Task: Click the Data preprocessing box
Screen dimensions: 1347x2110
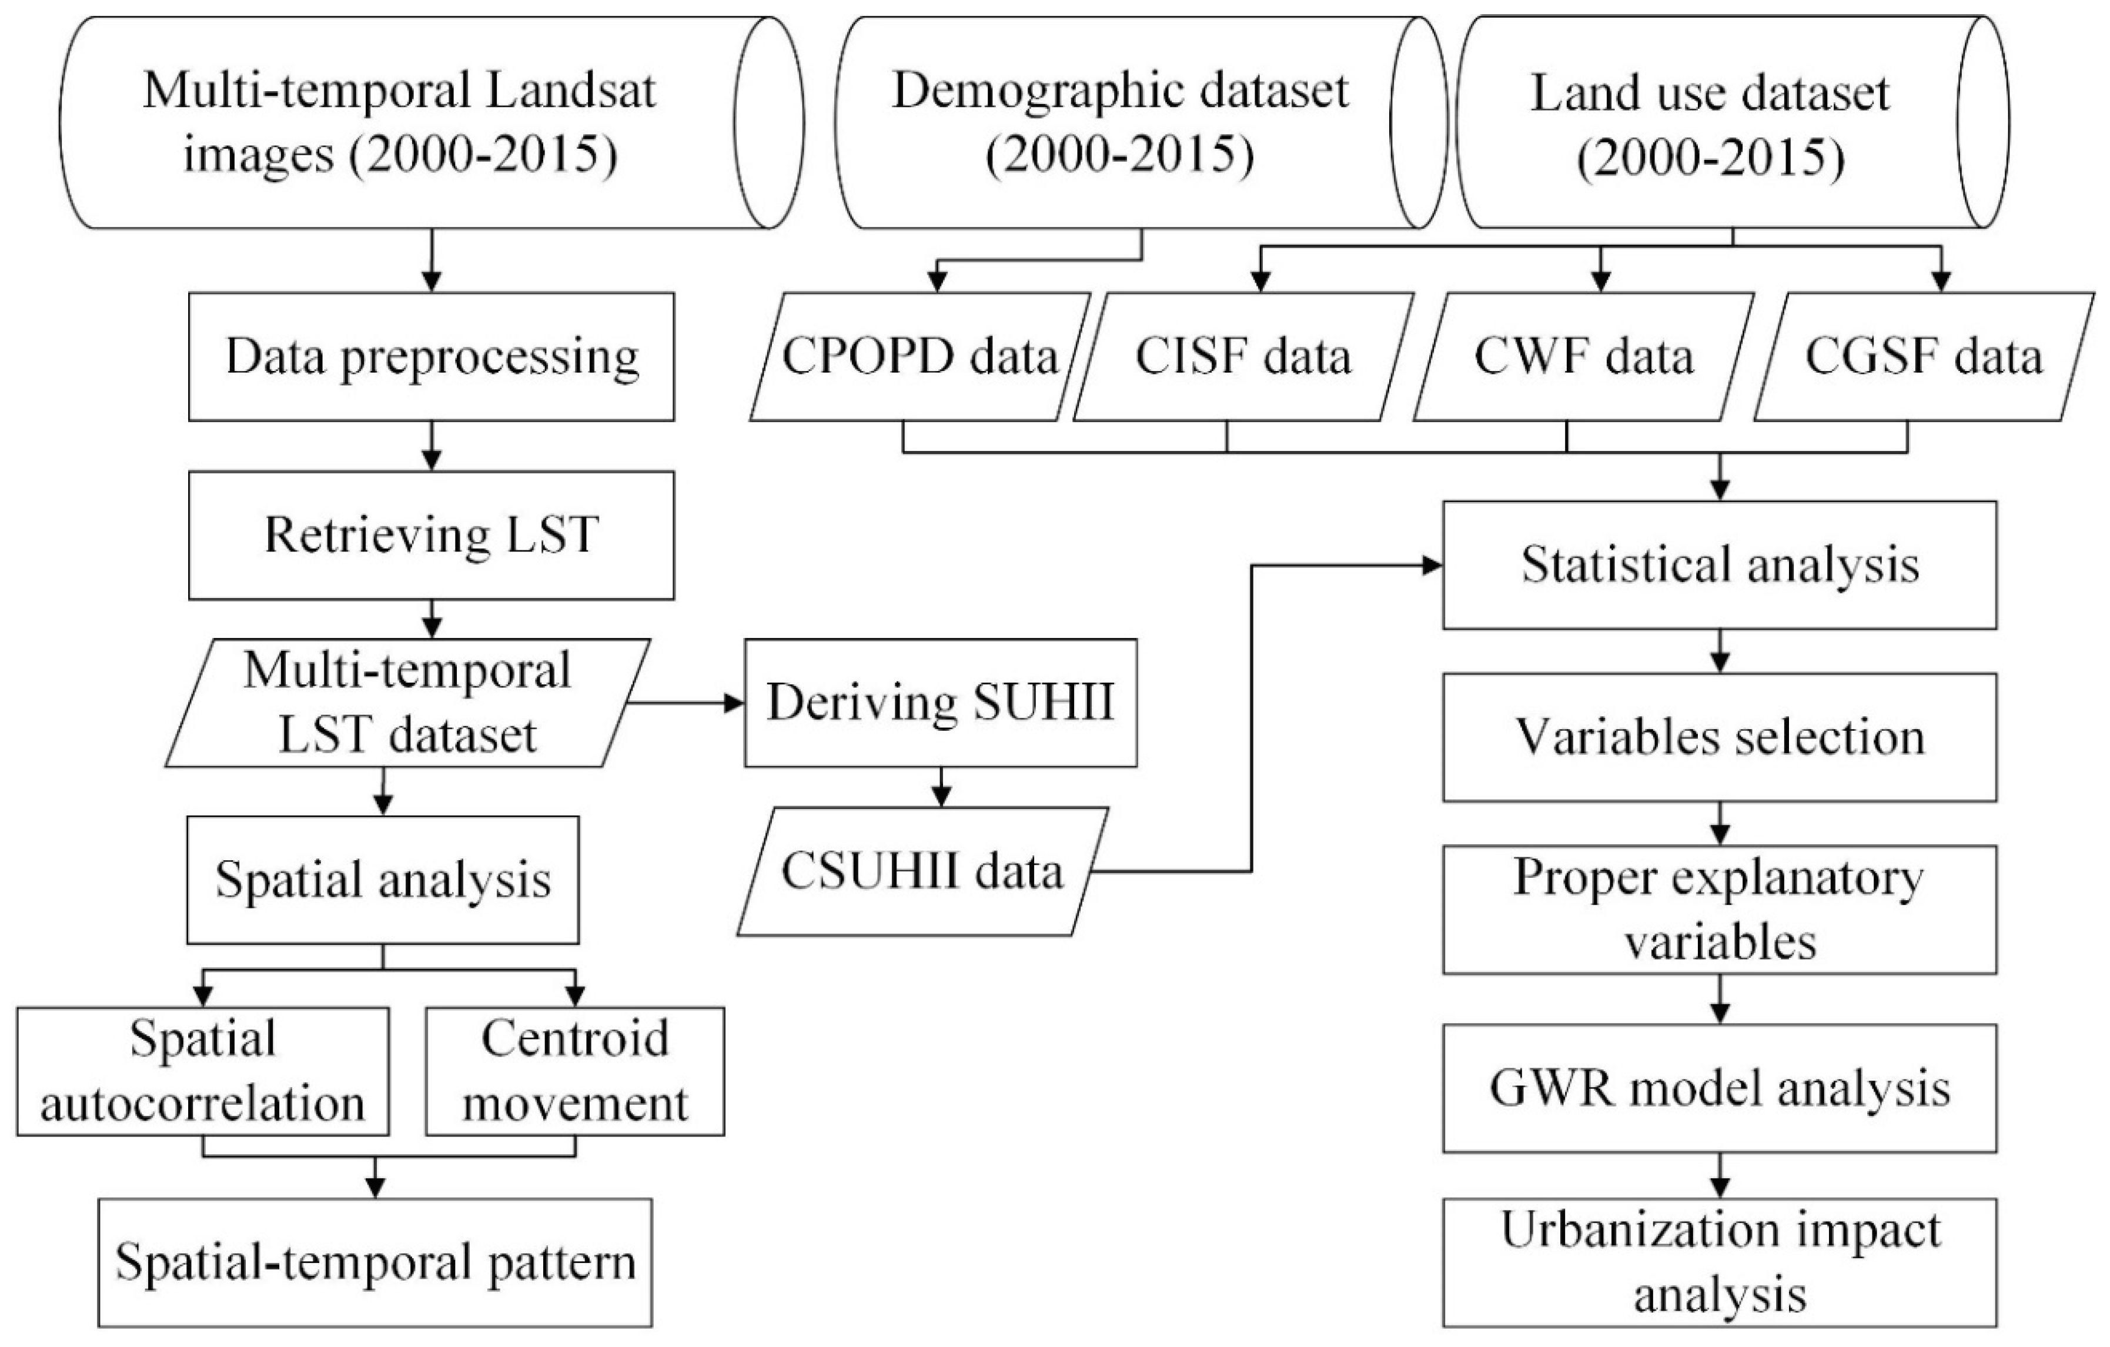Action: tap(431, 357)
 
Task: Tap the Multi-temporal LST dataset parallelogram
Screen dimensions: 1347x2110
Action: tap(407, 703)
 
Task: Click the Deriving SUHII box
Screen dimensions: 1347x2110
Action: tap(940, 703)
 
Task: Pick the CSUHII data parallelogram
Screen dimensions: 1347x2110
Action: tap(922, 872)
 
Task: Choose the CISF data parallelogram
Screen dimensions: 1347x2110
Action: tap(1242, 357)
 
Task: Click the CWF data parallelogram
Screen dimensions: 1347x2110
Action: tap(1583, 357)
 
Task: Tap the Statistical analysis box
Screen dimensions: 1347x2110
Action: tap(1719, 565)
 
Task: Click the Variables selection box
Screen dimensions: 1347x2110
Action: tap(1719, 737)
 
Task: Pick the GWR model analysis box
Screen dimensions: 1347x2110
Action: tap(1719, 1088)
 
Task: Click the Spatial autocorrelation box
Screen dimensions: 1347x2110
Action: tap(202, 1071)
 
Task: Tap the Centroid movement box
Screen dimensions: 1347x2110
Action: tap(575, 1071)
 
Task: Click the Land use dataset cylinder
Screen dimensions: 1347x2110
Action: tap(1708, 123)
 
